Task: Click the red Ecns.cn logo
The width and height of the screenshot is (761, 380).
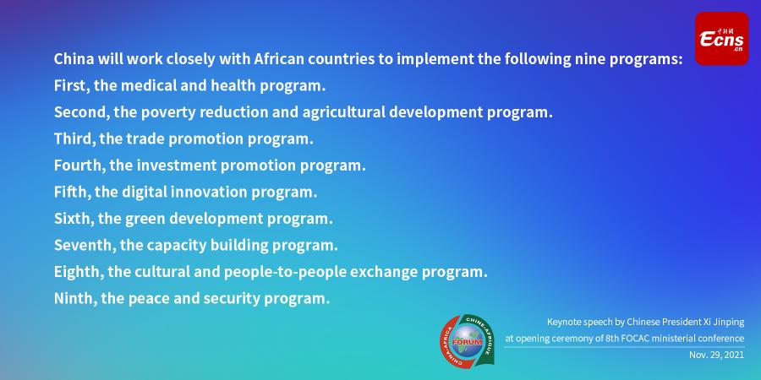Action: [x=722, y=39]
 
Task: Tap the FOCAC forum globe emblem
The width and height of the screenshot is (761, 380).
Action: [x=467, y=340]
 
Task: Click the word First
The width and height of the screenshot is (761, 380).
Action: [x=71, y=86]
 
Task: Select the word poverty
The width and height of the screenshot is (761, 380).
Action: [x=168, y=113]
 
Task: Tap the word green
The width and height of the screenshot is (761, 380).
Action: [x=145, y=219]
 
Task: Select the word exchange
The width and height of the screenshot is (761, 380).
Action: [x=384, y=273]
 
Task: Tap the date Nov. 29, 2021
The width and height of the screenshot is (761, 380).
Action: [x=716, y=355]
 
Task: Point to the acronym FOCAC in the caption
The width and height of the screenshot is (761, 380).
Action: [x=632, y=339]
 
